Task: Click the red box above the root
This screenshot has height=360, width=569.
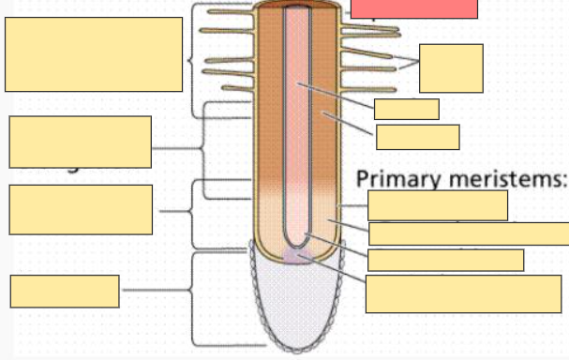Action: pos(414,8)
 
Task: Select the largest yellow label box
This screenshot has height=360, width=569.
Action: pos(94,54)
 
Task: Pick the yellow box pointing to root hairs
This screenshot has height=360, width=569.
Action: pos(451,67)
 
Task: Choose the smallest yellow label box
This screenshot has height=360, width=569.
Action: pos(406,109)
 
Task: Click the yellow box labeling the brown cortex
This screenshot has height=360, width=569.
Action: pos(417,137)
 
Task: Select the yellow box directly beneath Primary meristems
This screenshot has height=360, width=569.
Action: pos(438,205)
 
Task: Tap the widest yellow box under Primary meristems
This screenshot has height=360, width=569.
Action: pos(469,233)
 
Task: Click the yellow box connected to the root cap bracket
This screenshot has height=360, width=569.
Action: pos(65,291)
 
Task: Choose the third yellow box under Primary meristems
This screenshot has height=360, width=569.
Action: pos(445,260)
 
